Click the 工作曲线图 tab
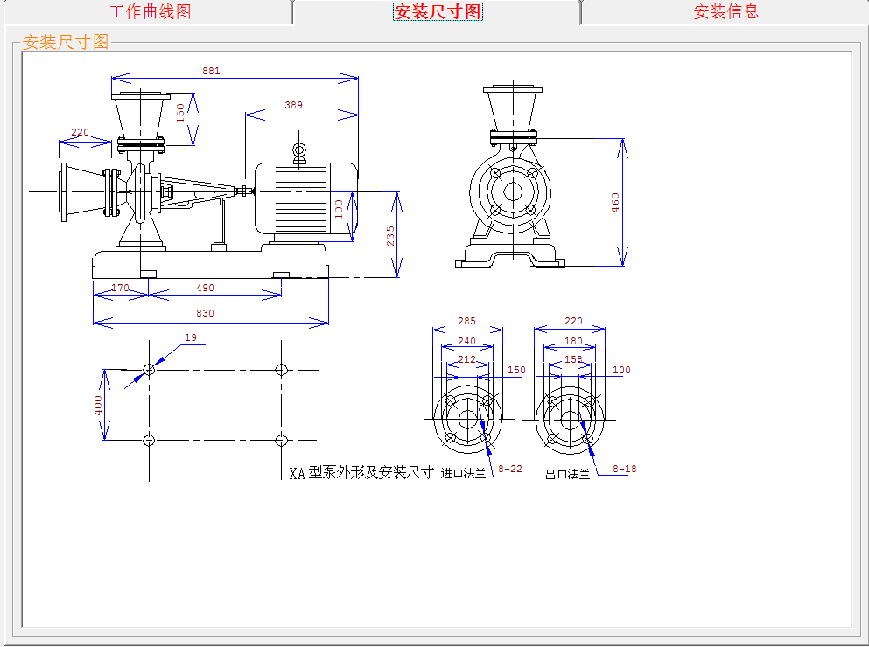click(x=150, y=11)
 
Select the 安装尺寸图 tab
click(x=438, y=11)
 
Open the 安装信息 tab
click(x=725, y=11)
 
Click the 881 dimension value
click(x=211, y=70)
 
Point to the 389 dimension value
click(x=293, y=105)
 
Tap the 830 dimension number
click(x=205, y=313)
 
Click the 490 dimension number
click(x=205, y=288)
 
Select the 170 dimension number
click(x=120, y=288)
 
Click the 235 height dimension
click(x=390, y=236)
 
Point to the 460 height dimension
click(x=615, y=202)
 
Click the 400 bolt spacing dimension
click(x=98, y=405)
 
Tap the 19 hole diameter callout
click(x=191, y=337)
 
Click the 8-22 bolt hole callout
click(x=509, y=469)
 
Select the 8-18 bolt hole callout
click(x=624, y=469)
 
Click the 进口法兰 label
click(x=463, y=474)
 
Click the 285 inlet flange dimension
click(x=467, y=321)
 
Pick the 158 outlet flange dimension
click(x=573, y=358)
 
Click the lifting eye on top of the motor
click(x=299, y=150)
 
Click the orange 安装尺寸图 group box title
click(x=66, y=42)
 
